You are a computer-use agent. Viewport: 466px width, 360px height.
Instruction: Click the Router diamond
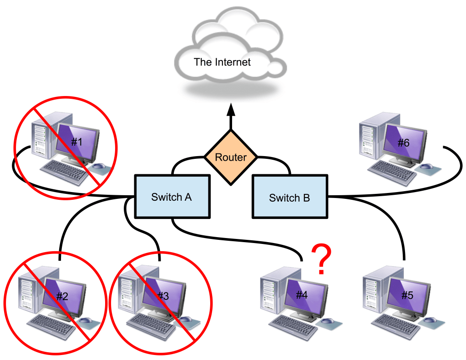click(231, 157)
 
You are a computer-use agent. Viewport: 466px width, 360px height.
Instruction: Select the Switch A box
click(172, 197)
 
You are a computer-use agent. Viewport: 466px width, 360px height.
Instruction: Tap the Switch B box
click(289, 198)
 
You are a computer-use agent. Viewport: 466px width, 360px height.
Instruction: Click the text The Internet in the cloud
click(222, 62)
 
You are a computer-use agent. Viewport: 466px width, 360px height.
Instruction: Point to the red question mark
click(322, 259)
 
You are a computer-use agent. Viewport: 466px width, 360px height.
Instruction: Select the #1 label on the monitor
click(77, 142)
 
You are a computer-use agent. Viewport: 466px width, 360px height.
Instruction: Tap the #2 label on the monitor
click(62, 297)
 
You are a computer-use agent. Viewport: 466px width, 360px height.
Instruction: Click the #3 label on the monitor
click(162, 296)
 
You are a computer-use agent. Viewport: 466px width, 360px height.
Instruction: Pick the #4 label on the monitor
click(302, 294)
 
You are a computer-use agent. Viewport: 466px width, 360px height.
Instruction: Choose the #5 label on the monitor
click(407, 295)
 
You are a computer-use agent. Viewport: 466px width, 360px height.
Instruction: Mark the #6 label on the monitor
click(403, 143)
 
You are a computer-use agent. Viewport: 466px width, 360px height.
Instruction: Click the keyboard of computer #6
click(389, 172)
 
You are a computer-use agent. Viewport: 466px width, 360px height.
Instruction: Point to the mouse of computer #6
click(426, 167)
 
